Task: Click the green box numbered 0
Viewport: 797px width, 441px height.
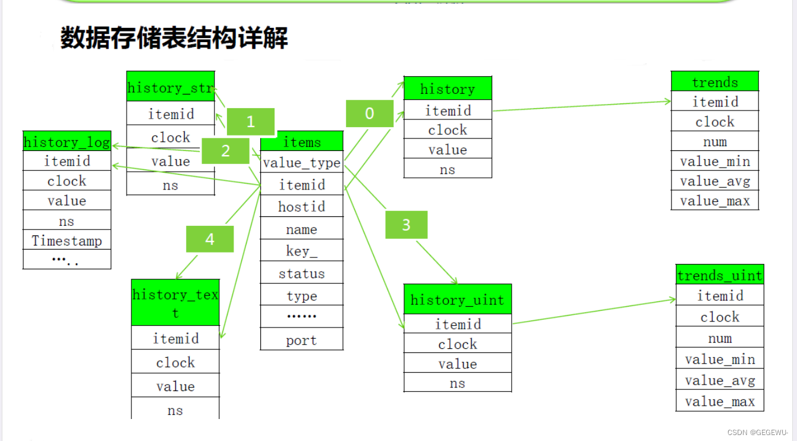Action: (370, 113)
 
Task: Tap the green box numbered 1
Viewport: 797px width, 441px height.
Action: (250, 122)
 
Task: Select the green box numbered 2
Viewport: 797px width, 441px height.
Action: (225, 151)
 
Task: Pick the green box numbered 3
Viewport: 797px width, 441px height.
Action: (406, 225)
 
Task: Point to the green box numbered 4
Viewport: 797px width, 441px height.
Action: (210, 239)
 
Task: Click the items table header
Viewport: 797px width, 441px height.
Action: (302, 142)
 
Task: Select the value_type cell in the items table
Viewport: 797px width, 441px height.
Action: (302, 163)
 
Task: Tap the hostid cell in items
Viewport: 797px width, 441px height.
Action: (302, 207)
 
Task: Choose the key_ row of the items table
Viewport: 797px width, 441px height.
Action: (302, 251)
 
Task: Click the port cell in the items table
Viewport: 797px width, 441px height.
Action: (302, 340)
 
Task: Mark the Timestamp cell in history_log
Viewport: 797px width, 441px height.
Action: (67, 240)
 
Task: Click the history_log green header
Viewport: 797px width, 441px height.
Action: (67, 142)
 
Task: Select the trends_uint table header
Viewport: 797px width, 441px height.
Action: (720, 275)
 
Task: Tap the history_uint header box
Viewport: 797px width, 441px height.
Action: (457, 300)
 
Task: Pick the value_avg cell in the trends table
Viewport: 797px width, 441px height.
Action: (715, 181)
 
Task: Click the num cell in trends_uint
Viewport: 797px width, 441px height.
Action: (720, 338)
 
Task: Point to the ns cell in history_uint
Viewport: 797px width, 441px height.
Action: (457, 383)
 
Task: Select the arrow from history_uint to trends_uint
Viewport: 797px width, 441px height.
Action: (594, 311)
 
